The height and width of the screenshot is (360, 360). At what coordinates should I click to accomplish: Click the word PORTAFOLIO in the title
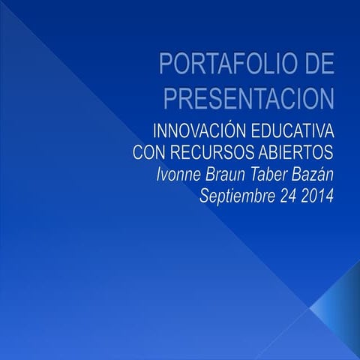coord(220,66)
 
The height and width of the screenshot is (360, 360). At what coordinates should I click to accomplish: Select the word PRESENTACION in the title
coord(248,97)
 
